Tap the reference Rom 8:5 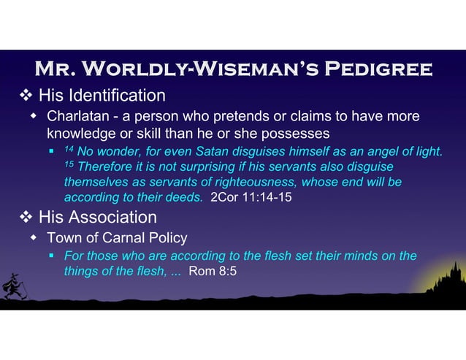[x=213, y=272]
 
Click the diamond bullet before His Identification [x=26, y=96]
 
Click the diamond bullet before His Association [x=26, y=218]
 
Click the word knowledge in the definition [x=80, y=134]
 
